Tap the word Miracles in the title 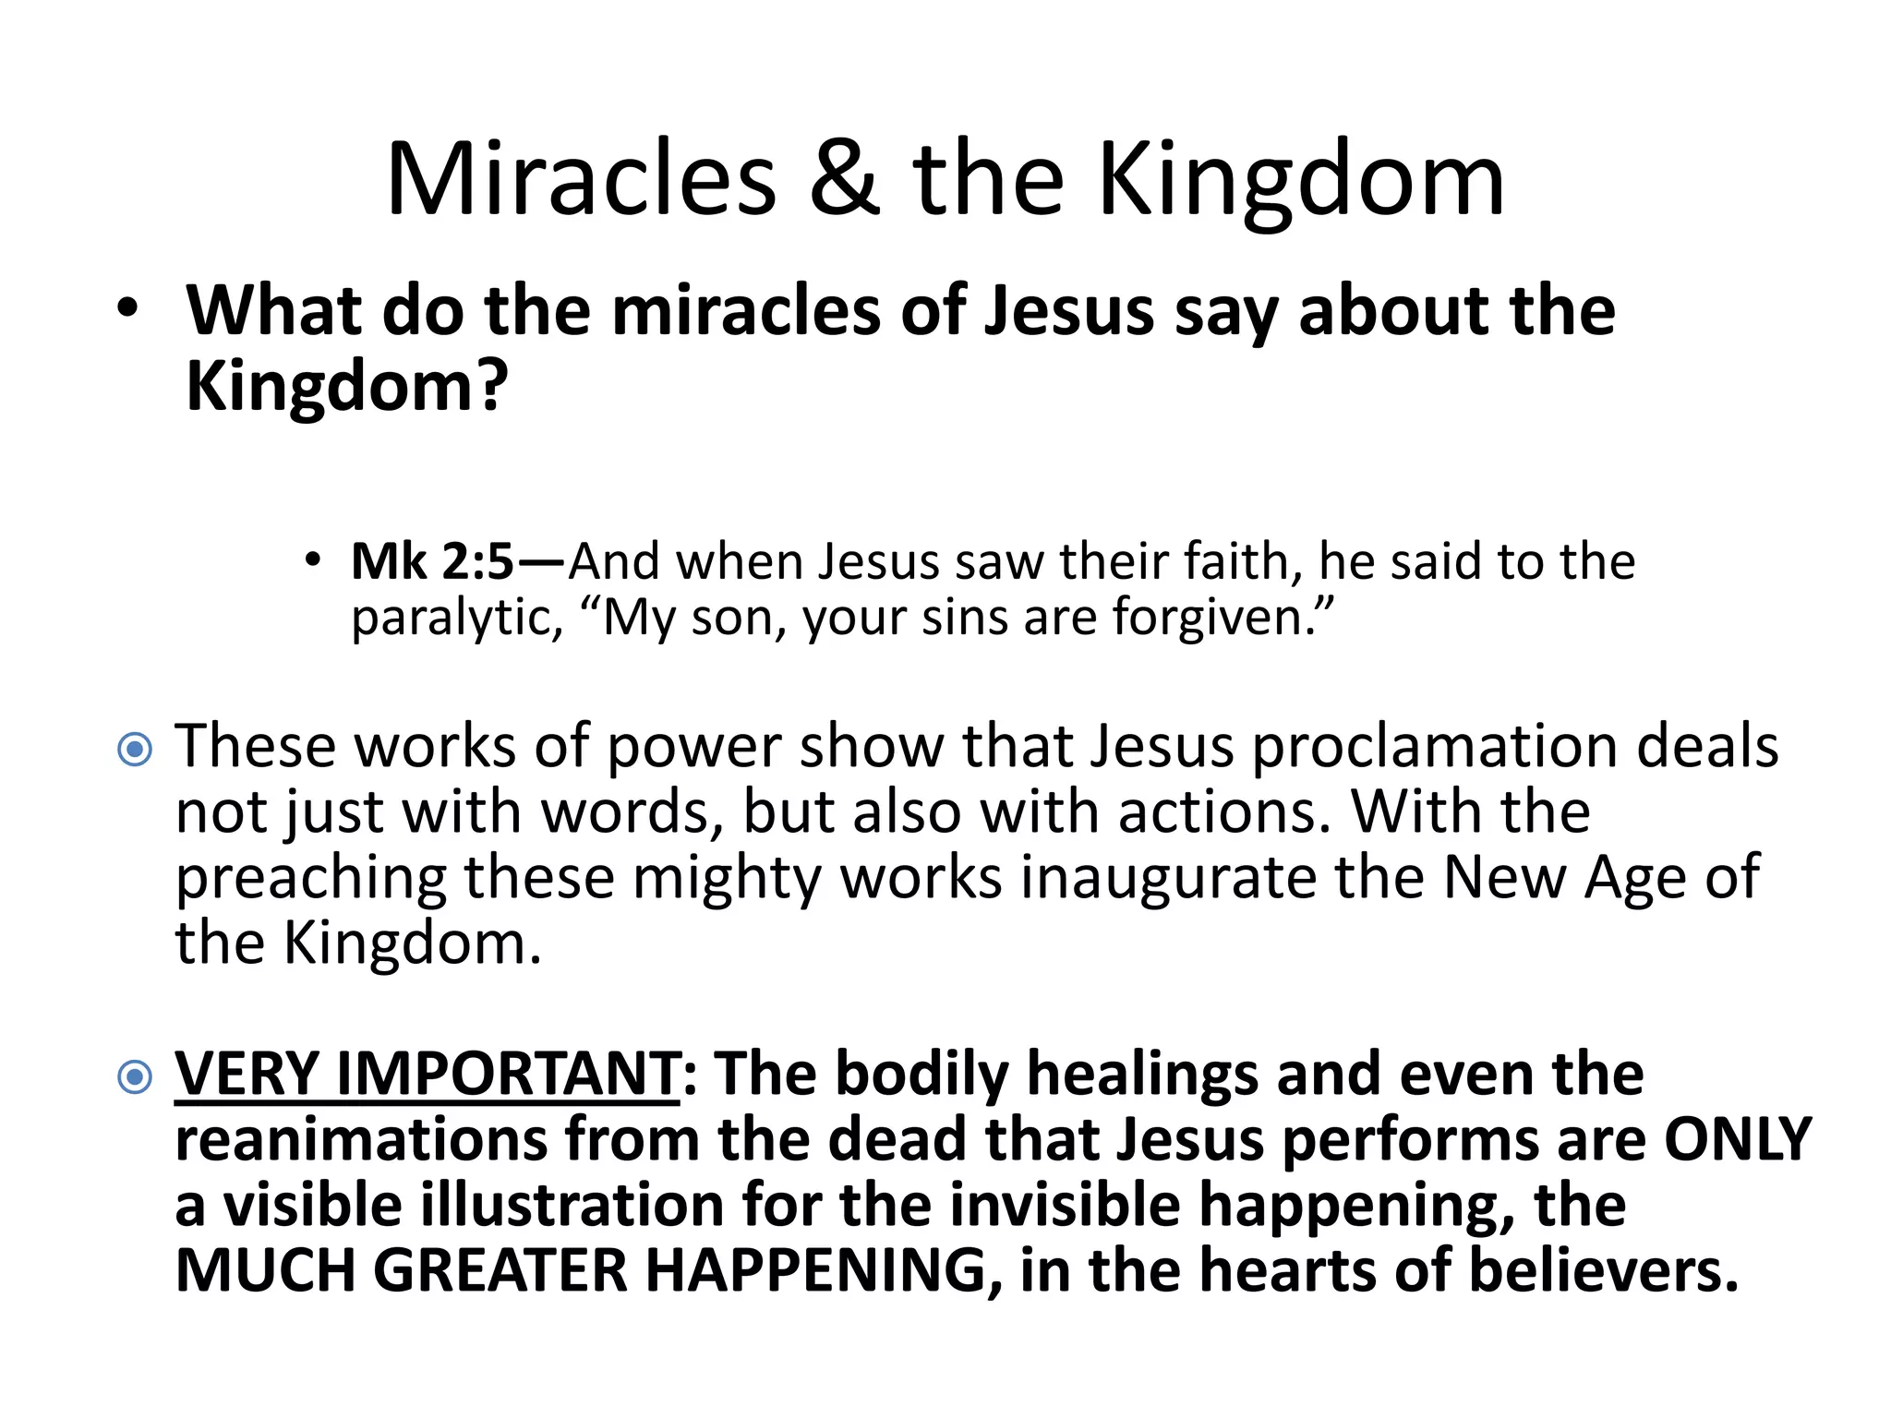pyautogui.click(x=581, y=179)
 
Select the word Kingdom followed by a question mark pyautogui.click(x=347, y=386)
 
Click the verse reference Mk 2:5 pyautogui.click(x=432, y=561)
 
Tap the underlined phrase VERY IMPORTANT pyautogui.click(x=428, y=1074)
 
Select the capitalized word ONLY pyautogui.click(x=1738, y=1139)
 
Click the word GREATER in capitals pyautogui.click(x=500, y=1270)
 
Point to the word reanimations pyautogui.click(x=361, y=1139)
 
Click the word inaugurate pyautogui.click(x=1168, y=877)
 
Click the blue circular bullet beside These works pyautogui.click(x=136, y=749)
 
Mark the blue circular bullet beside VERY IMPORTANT pyautogui.click(x=136, y=1076)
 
